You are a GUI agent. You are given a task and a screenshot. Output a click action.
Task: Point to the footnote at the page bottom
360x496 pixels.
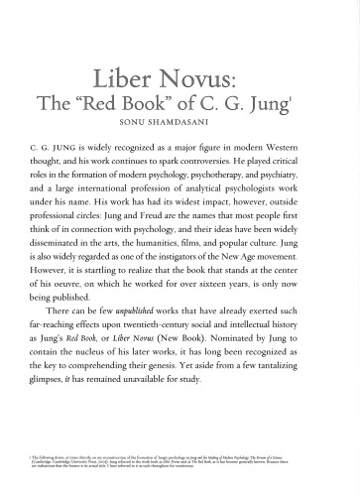click(179, 470)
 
